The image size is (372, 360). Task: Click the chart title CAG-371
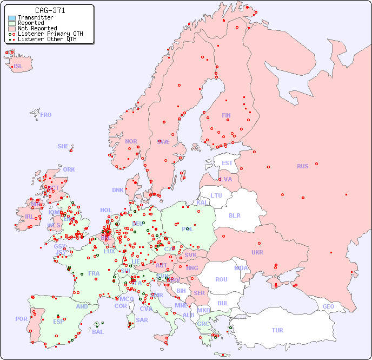pos(50,10)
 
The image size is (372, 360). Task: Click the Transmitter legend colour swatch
pos(12,18)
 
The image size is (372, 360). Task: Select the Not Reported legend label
pos(37,28)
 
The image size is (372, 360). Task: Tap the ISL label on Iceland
pos(18,67)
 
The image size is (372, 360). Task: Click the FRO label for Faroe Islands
pos(46,115)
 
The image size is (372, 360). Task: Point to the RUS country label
pos(302,166)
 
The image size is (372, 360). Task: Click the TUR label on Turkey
pos(277,330)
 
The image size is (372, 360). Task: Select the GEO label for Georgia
pos(328,306)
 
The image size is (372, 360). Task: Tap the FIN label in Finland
pos(226,115)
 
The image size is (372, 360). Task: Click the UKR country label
pos(257,252)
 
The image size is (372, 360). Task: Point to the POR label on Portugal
pos(21,319)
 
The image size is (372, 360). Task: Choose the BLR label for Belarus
pos(234,215)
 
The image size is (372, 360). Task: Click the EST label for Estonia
pos(227,163)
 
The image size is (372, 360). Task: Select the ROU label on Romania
pos(221,279)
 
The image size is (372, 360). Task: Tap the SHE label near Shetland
pos(63,146)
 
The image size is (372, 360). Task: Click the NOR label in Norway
pos(131,141)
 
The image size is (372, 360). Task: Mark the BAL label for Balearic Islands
pos(98,332)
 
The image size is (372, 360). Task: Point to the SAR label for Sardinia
pos(142,320)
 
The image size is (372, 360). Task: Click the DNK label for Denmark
pos(118,190)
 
